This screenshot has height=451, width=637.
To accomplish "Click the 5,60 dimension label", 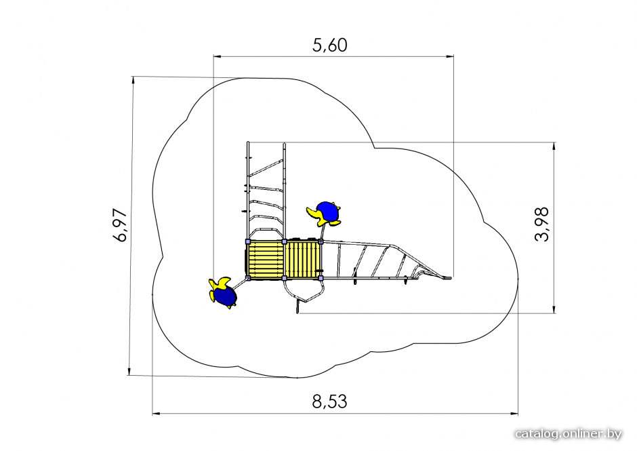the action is tap(330, 45).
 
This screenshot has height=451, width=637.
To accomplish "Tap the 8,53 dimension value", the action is tap(330, 401).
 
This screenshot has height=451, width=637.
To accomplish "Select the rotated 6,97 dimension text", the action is tap(121, 225).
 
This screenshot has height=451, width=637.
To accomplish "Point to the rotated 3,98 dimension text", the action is tap(542, 224).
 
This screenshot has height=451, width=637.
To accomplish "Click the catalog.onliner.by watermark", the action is tap(569, 434).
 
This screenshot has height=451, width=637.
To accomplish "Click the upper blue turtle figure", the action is tap(325, 213).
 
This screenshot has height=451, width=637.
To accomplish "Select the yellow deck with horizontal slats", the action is tap(266, 260).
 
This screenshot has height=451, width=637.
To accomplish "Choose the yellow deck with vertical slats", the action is tap(302, 260).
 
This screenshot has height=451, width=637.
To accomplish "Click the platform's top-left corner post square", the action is tap(248, 241).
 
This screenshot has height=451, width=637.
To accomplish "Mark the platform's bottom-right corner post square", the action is tap(321, 278).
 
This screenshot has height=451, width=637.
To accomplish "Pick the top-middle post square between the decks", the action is tap(285, 241).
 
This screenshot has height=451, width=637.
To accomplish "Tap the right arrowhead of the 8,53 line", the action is tap(514, 414).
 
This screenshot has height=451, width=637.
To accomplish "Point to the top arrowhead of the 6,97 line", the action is tap(133, 80).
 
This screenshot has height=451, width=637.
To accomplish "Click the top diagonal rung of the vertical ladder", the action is tap(266, 168).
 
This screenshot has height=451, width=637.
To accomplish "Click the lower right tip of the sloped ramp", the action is tap(450, 278).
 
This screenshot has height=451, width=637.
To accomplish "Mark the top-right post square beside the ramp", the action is tap(321, 241).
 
